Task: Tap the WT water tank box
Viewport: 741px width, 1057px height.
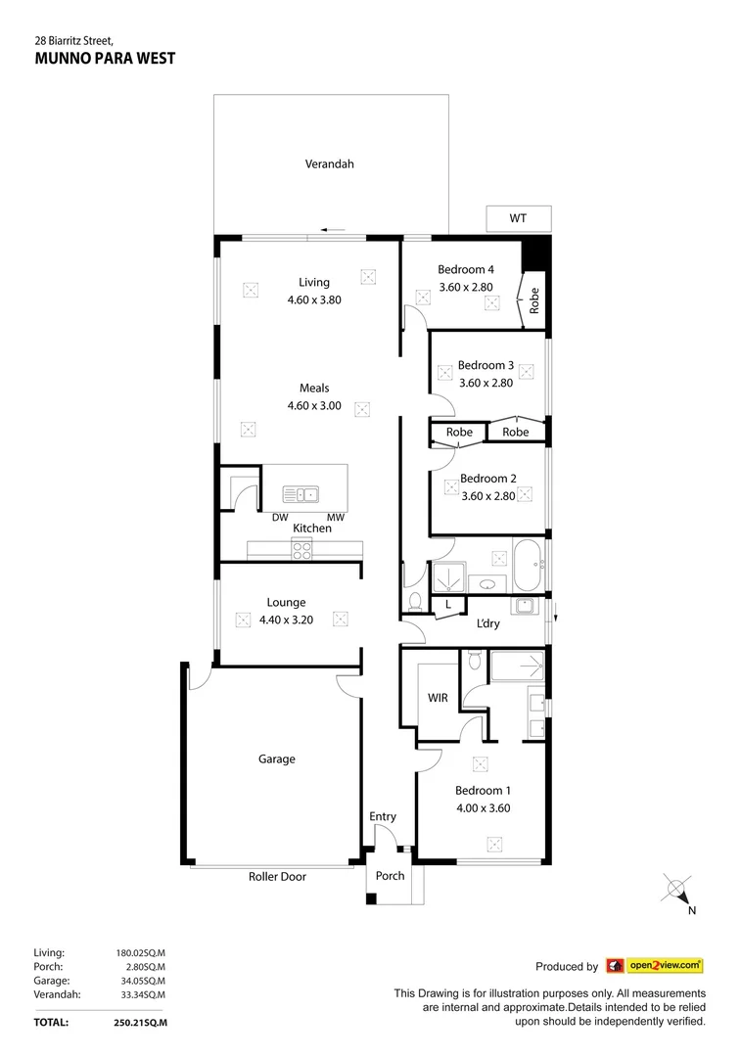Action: point(518,218)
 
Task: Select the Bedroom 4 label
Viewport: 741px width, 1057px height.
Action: point(466,270)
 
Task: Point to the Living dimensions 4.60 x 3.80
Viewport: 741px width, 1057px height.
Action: point(314,300)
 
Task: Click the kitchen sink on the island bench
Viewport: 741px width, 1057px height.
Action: point(301,494)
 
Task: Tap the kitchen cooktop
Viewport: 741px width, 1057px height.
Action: point(301,549)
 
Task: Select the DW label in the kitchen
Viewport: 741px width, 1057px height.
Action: point(279,518)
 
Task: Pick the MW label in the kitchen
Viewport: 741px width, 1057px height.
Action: point(335,518)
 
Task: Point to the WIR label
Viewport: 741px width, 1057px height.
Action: point(438,698)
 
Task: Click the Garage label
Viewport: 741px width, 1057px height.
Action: point(277,758)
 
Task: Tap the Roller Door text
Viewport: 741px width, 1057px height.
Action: point(277,877)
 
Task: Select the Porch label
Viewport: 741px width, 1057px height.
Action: point(390,876)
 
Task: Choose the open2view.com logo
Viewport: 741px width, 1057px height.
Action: point(655,966)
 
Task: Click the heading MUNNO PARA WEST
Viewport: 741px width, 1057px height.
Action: point(105,59)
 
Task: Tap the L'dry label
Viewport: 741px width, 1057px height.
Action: point(487,623)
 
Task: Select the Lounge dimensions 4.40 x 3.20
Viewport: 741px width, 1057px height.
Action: point(286,620)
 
